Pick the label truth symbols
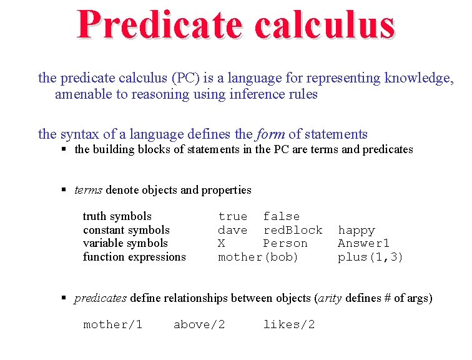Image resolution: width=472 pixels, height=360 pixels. tap(117, 216)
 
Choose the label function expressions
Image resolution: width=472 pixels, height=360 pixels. tap(134, 257)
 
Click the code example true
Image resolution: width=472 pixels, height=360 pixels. tap(232, 216)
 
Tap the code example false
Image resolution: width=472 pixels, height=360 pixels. tap(281, 216)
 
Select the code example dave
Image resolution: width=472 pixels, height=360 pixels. tap(232, 230)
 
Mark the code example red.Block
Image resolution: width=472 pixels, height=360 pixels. tap(292, 230)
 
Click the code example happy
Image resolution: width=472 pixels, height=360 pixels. tap(356, 230)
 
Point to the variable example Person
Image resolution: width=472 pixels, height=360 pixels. tap(285, 243)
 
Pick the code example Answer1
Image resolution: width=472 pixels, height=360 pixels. tap(363, 243)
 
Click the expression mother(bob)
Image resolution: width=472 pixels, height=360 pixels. tap(258, 257)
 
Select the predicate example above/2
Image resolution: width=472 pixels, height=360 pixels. tap(199, 324)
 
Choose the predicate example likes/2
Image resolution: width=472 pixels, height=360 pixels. tap(288, 324)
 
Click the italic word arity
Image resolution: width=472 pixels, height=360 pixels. tap(330, 298)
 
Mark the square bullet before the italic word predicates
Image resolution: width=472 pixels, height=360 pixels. tap(64, 298)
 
